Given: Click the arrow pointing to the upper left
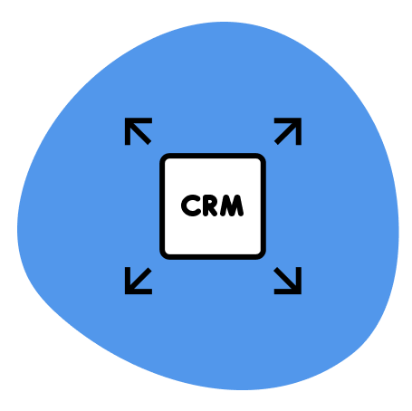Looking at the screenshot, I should (x=138, y=131).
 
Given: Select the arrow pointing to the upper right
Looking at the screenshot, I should (x=288, y=131).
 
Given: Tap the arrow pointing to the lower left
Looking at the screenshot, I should (x=138, y=281).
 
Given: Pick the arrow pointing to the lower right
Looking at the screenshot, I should (x=288, y=281).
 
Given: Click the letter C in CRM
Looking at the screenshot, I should (x=190, y=206).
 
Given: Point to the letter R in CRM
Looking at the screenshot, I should (x=210, y=206).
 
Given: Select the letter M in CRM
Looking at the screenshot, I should (x=233, y=206).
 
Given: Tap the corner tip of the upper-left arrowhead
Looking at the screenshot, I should (x=127, y=120).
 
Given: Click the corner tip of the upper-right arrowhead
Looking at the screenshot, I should (x=299, y=120).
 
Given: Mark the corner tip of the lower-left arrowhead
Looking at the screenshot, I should (x=127, y=292).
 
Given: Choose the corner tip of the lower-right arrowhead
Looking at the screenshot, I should (x=299, y=292).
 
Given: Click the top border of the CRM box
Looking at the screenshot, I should (x=213, y=156).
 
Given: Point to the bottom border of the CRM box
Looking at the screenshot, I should (x=213, y=256).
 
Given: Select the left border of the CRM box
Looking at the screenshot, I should (x=162, y=206).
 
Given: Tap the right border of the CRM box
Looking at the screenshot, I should (x=263, y=206).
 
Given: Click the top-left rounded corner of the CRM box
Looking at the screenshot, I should (x=166, y=159).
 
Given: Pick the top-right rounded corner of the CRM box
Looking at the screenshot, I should (x=260, y=159).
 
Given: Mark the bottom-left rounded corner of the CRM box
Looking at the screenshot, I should (x=166, y=253).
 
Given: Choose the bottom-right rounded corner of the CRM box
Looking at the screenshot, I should (x=260, y=253).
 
